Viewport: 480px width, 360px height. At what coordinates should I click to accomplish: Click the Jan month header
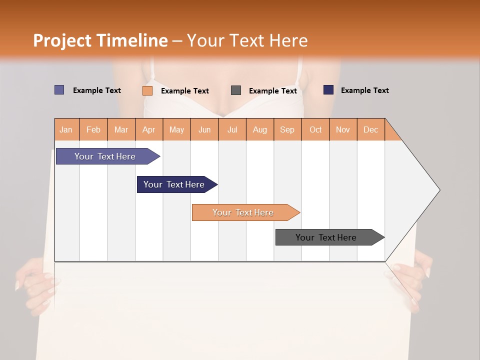[66, 129]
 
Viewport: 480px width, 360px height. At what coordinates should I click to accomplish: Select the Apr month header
[148, 129]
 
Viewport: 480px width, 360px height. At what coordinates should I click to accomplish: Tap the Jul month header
[232, 129]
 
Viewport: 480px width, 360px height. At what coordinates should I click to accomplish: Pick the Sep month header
[287, 129]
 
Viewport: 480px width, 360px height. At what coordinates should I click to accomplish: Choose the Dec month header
[370, 129]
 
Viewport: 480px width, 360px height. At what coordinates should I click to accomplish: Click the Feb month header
[93, 129]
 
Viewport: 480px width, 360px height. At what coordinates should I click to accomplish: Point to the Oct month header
[315, 129]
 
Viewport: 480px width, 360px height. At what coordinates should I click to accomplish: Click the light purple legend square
[59, 90]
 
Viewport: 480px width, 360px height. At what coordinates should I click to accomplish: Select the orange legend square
[147, 90]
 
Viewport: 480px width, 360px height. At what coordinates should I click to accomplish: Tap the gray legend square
[236, 90]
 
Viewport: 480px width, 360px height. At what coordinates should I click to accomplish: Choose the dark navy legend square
[328, 90]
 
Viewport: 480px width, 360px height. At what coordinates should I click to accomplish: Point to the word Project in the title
[62, 40]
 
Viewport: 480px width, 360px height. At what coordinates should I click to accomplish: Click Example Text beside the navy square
[364, 90]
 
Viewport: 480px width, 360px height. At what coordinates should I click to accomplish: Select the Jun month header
[204, 129]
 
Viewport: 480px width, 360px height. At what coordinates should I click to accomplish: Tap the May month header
[176, 129]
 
